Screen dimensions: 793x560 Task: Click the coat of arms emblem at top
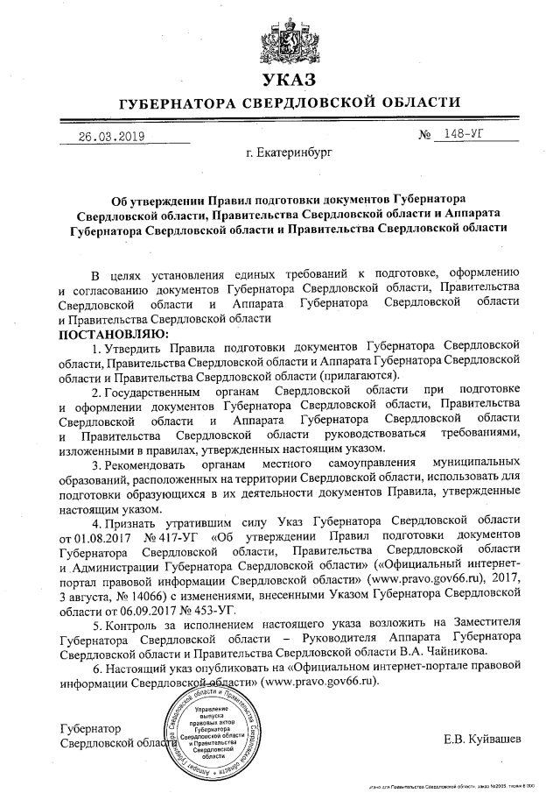[x=281, y=40]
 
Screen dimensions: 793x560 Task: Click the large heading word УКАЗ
[x=281, y=81]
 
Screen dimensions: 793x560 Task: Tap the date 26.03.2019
[x=111, y=137]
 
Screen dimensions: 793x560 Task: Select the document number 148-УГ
[x=465, y=135]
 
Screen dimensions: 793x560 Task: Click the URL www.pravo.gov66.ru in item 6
[x=321, y=684]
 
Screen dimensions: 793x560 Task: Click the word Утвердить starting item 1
[x=138, y=348]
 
